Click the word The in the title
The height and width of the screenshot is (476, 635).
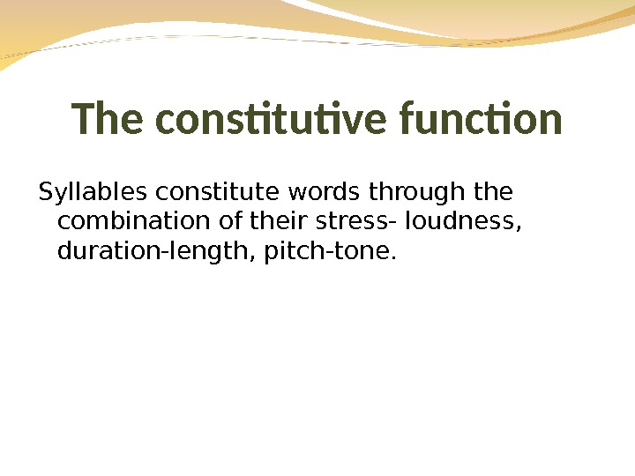[108, 120]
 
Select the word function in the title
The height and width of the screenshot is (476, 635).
[481, 120]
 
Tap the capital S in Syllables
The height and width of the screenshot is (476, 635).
[45, 191]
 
